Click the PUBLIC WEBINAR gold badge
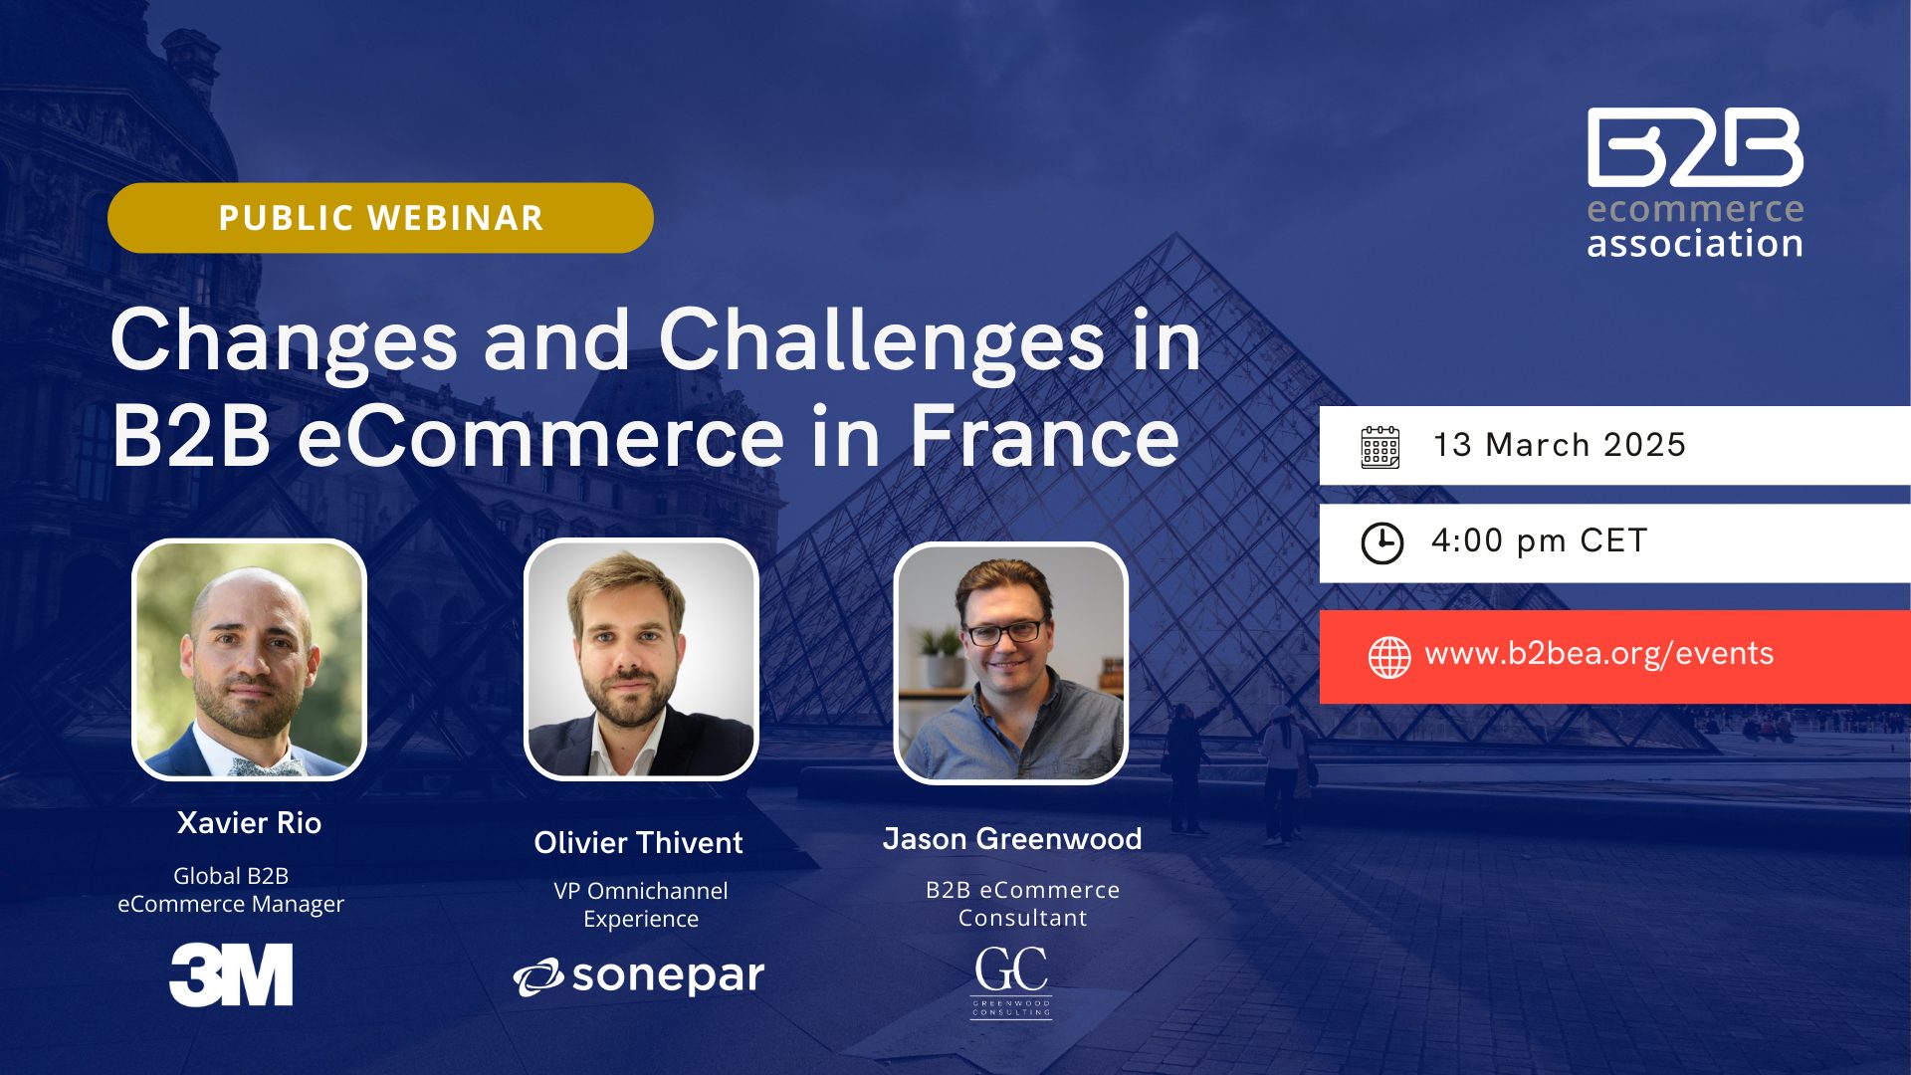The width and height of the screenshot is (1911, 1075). (380, 218)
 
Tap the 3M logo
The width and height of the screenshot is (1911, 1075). (231, 975)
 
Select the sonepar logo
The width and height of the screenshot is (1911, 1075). (639, 976)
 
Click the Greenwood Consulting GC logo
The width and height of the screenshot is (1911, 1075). (1011, 981)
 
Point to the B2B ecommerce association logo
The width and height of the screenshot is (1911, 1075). (1695, 183)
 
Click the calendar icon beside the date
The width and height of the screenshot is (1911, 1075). (1380, 447)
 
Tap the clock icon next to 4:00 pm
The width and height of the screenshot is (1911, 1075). (1382, 543)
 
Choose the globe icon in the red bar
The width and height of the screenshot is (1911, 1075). (1389, 657)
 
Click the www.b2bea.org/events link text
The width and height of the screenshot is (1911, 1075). (1599, 654)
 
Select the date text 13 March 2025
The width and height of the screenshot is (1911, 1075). (1560, 445)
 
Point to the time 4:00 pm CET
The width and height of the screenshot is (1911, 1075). (1540, 540)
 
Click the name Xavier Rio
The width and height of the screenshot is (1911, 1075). (249, 823)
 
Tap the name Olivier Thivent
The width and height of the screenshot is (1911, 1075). (638, 843)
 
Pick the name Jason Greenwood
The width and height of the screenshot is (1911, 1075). (1012, 839)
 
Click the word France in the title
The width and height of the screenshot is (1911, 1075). (1045, 436)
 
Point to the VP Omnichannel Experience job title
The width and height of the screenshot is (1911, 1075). (641, 905)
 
